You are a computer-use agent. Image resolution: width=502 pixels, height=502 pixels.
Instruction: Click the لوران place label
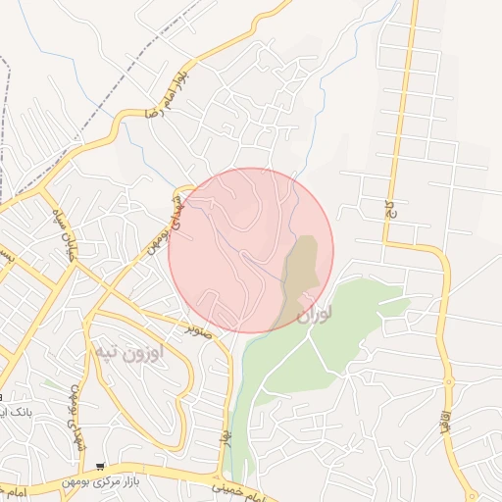(314, 314)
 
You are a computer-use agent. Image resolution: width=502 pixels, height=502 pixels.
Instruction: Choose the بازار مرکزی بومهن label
(152, 472)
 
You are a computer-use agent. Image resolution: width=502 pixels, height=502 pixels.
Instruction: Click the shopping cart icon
(101, 468)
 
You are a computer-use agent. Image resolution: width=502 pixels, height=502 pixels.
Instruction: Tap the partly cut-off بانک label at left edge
(14, 412)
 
